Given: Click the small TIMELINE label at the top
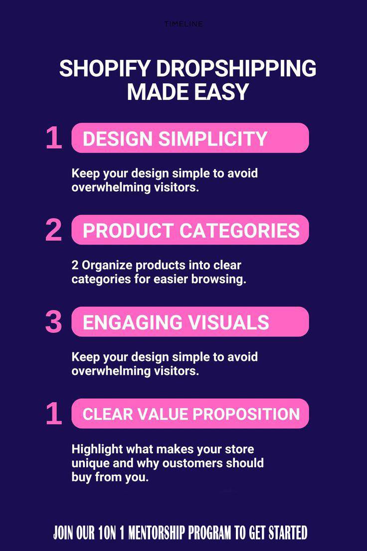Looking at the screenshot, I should click(183, 24).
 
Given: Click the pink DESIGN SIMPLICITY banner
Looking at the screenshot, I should click(190, 138).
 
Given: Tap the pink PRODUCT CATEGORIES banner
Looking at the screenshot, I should click(190, 230).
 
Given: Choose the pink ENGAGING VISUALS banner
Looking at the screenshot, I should click(190, 322).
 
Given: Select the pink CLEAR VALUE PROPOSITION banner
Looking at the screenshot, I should click(190, 414).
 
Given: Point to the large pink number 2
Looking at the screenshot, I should click(53, 231).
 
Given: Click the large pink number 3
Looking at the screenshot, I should click(53, 322).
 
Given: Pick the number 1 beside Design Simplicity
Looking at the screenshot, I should click(53, 139).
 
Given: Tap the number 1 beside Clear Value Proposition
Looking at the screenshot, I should click(53, 414).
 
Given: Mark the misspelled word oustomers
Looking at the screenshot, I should click(186, 463).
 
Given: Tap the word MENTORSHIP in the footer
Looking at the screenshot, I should click(158, 533).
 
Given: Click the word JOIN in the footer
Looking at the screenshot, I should click(64, 533).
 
